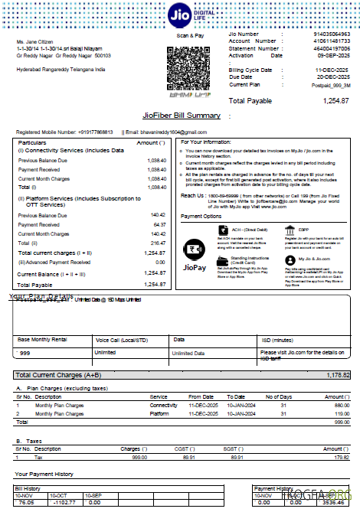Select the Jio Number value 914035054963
[x=332, y=34]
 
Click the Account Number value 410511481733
[x=332, y=41]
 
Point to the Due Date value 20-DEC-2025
[x=333, y=77]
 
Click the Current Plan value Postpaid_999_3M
[x=329, y=84]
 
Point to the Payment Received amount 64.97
[x=158, y=225]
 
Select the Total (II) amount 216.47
[x=157, y=242]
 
